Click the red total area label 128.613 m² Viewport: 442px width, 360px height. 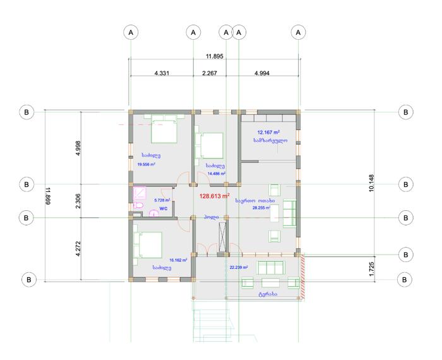[214, 196]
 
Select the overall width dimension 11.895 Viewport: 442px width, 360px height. [215, 56]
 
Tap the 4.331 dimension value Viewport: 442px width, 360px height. [162, 73]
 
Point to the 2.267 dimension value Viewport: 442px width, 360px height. [210, 73]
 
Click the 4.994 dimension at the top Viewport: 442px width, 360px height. [262, 73]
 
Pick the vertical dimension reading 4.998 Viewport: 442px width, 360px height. [78, 148]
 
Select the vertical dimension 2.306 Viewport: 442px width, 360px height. [78, 201]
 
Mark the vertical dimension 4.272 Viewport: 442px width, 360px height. [78, 249]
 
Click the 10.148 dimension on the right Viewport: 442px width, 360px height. [371, 183]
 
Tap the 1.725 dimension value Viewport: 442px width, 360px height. [371, 269]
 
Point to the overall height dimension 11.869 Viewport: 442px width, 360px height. [48, 196]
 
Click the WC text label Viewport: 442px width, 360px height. [164, 208]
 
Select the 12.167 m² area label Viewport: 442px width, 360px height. [268, 132]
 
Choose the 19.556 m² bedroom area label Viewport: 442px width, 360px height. [146, 164]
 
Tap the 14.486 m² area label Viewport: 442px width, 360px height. [217, 174]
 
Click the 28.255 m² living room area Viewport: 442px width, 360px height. [261, 208]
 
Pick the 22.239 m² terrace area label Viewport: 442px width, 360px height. [239, 267]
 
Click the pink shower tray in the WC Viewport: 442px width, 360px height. [140, 193]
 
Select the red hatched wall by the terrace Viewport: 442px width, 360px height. [302, 276]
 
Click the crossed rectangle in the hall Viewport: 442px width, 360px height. [222, 237]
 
